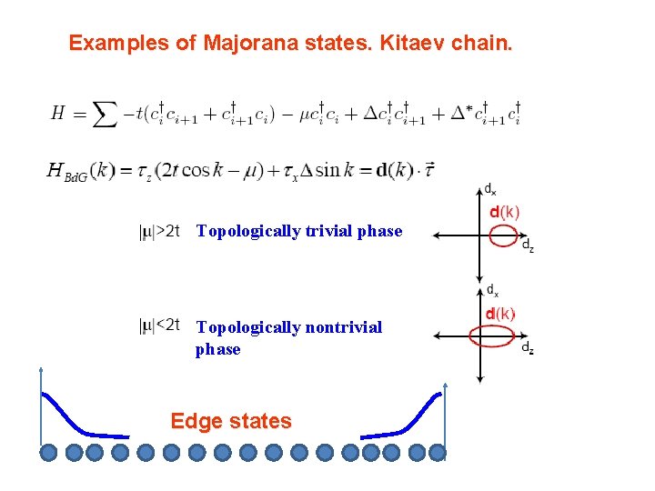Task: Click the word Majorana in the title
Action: pyautogui.click(x=245, y=43)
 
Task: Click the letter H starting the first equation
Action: pyautogui.click(x=58, y=114)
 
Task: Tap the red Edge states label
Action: pyautogui.click(x=231, y=421)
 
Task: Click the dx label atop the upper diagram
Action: pyautogui.click(x=489, y=190)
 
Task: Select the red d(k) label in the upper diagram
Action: pyautogui.click(x=505, y=213)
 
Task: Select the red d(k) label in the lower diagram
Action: pyautogui.click(x=500, y=314)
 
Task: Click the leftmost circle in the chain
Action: pyautogui.click(x=49, y=452)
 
